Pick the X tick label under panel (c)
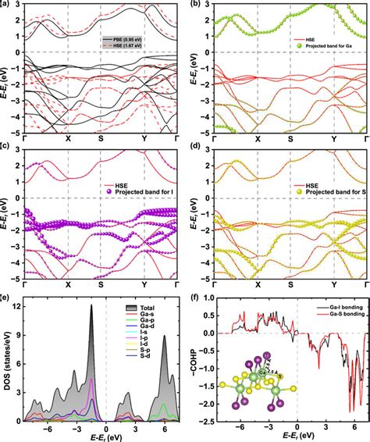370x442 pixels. click(68, 285)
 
